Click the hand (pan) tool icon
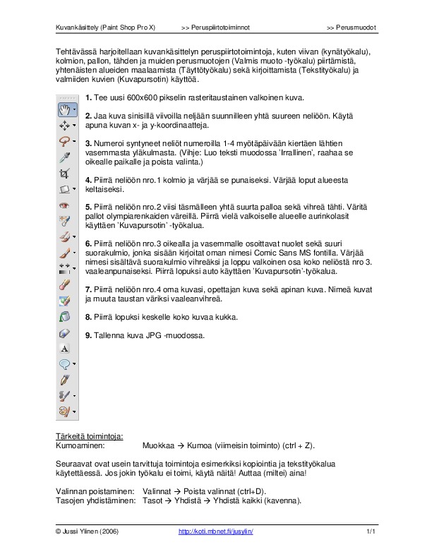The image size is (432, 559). coord(65,109)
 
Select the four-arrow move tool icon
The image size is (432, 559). coord(65,125)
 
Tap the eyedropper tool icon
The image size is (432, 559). coord(65,157)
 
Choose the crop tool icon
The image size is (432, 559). coord(65,173)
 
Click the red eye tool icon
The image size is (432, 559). coord(65,205)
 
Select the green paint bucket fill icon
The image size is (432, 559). coord(65,300)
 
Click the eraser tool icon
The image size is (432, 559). coord(65,332)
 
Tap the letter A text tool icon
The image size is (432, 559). coord(65,348)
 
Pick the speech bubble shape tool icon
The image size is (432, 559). coord(65,363)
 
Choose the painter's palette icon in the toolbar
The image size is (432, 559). coord(65,411)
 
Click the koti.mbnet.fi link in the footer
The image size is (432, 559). coord(215,530)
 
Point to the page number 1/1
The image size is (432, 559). coord(371,530)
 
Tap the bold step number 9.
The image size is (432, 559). coord(88,335)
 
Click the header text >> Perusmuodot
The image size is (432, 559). coord(352,28)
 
